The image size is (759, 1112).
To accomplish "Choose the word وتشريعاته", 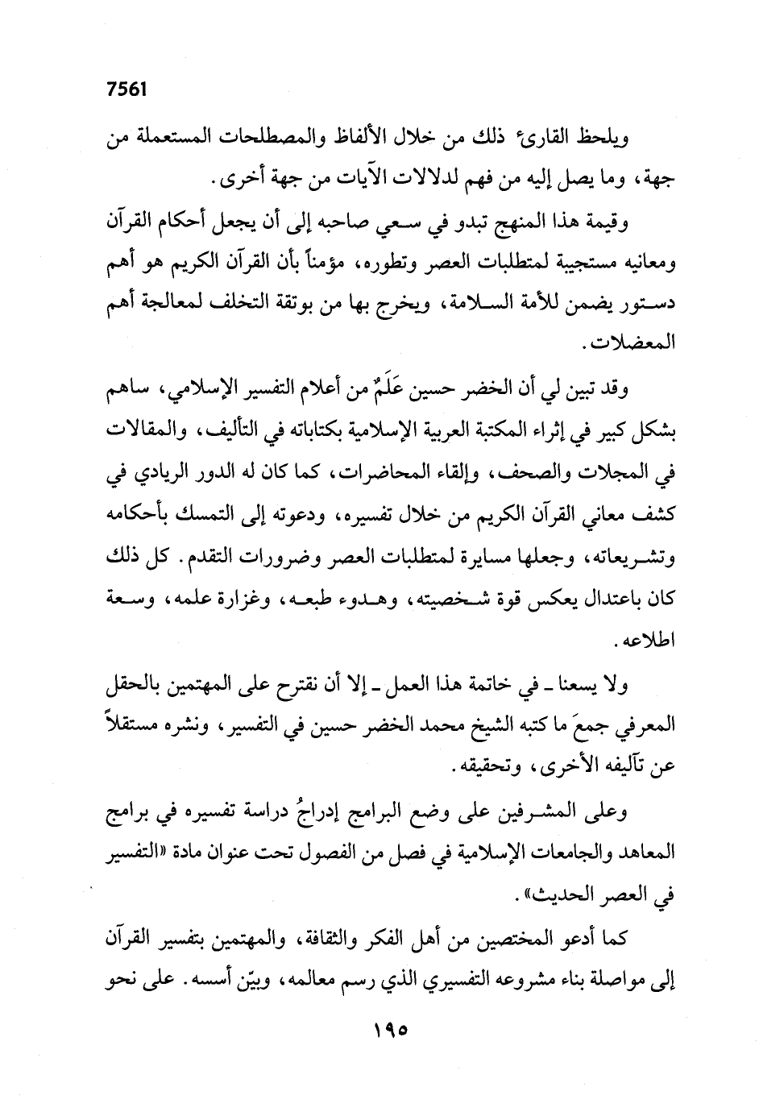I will tap(637, 558).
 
